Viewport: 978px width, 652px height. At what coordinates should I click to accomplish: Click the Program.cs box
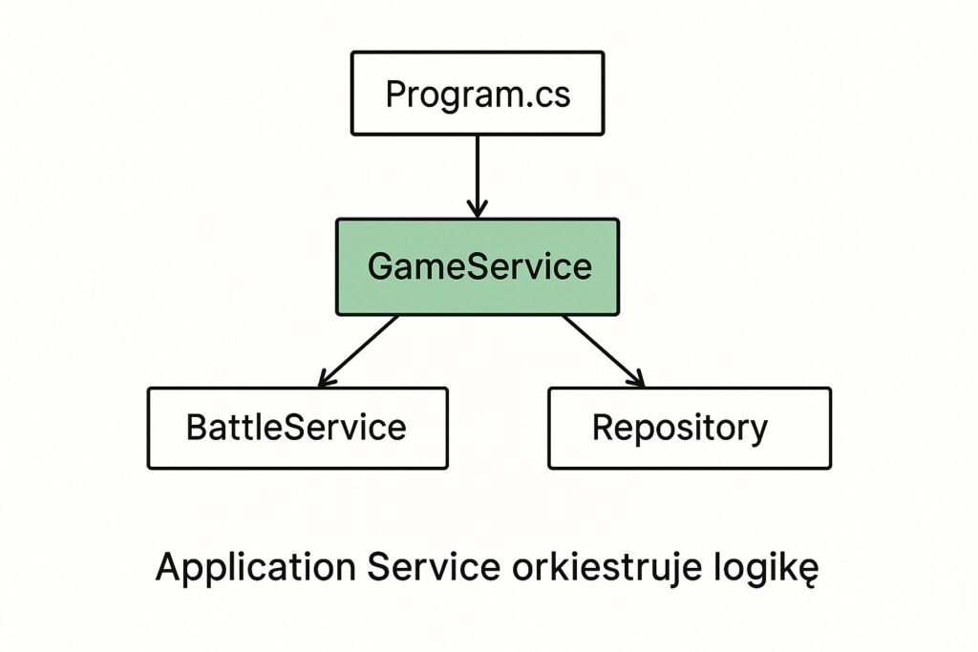(478, 93)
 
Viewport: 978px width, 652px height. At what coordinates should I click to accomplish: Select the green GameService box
(478, 266)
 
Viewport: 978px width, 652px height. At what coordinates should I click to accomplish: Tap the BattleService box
(298, 429)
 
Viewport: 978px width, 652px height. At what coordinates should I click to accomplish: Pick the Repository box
(690, 429)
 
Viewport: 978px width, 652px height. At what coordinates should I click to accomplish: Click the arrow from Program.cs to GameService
(478, 177)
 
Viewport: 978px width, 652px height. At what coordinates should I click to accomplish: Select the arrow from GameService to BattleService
(358, 351)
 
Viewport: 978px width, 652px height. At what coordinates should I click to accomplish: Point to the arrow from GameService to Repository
(604, 351)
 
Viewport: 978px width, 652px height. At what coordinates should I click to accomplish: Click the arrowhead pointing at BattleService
(328, 378)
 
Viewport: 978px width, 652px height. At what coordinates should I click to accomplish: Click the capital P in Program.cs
(395, 95)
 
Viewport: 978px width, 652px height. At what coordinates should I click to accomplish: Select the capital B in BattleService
(197, 428)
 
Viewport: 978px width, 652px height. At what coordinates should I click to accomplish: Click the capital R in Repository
(604, 428)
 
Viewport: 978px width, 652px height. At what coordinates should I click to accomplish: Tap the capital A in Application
(170, 567)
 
